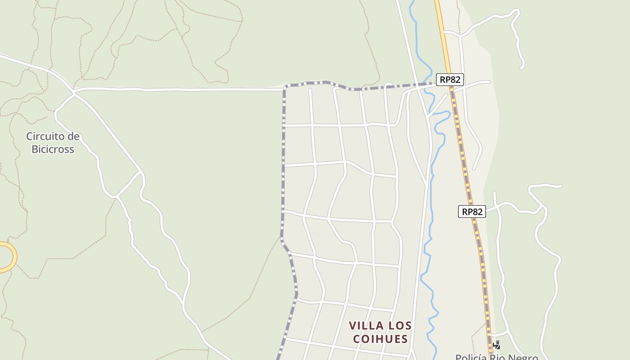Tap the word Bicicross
click(53, 149)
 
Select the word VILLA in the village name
click(366, 325)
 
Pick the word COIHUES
click(380, 339)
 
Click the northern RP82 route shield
click(450, 80)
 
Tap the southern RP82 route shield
click(472, 211)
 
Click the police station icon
click(496, 345)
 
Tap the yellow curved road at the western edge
click(13, 256)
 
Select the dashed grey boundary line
click(283, 180)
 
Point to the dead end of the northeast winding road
click(522, 67)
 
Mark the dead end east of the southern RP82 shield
click(561, 186)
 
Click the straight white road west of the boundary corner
click(180, 90)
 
